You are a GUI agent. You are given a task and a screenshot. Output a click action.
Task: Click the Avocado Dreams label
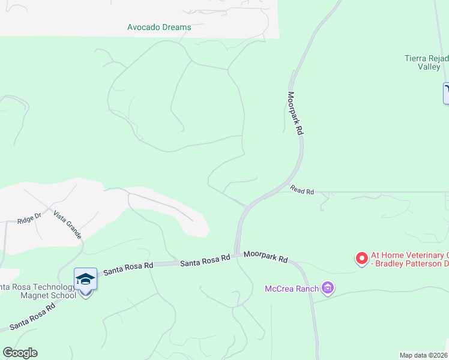click(x=159, y=27)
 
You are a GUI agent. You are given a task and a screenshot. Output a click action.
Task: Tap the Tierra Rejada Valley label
click(x=426, y=62)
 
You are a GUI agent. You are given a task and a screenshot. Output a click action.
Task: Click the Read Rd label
click(x=303, y=190)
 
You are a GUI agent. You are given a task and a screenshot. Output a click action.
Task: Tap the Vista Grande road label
click(x=67, y=225)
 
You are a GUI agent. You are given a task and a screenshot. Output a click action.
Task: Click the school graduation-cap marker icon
click(x=85, y=280)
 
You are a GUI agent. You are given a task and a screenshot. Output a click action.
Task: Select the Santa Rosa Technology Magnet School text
click(x=39, y=291)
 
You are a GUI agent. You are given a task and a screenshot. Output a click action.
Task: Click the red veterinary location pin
click(x=361, y=258)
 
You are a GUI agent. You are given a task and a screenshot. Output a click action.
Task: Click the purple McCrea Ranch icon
click(x=327, y=289)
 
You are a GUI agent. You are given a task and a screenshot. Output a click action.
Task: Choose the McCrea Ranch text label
click(x=292, y=289)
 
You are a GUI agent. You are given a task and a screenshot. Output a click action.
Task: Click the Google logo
click(x=20, y=353)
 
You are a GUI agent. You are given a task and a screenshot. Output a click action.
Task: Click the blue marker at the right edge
click(x=446, y=93)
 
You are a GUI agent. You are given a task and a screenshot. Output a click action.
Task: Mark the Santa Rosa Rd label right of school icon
click(x=128, y=268)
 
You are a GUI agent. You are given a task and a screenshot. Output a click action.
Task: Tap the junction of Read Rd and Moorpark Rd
click(x=282, y=188)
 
